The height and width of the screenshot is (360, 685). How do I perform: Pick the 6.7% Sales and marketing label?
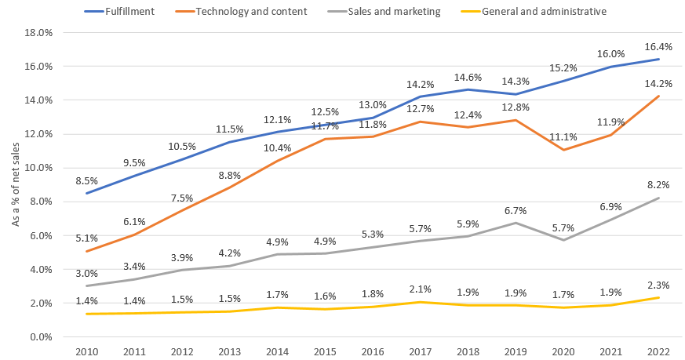(x=515, y=210)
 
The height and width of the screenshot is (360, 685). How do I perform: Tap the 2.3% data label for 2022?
(x=658, y=285)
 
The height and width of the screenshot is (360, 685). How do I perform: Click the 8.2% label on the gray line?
(x=658, y=185)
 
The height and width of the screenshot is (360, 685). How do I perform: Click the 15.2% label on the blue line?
(x=563, y=67)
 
